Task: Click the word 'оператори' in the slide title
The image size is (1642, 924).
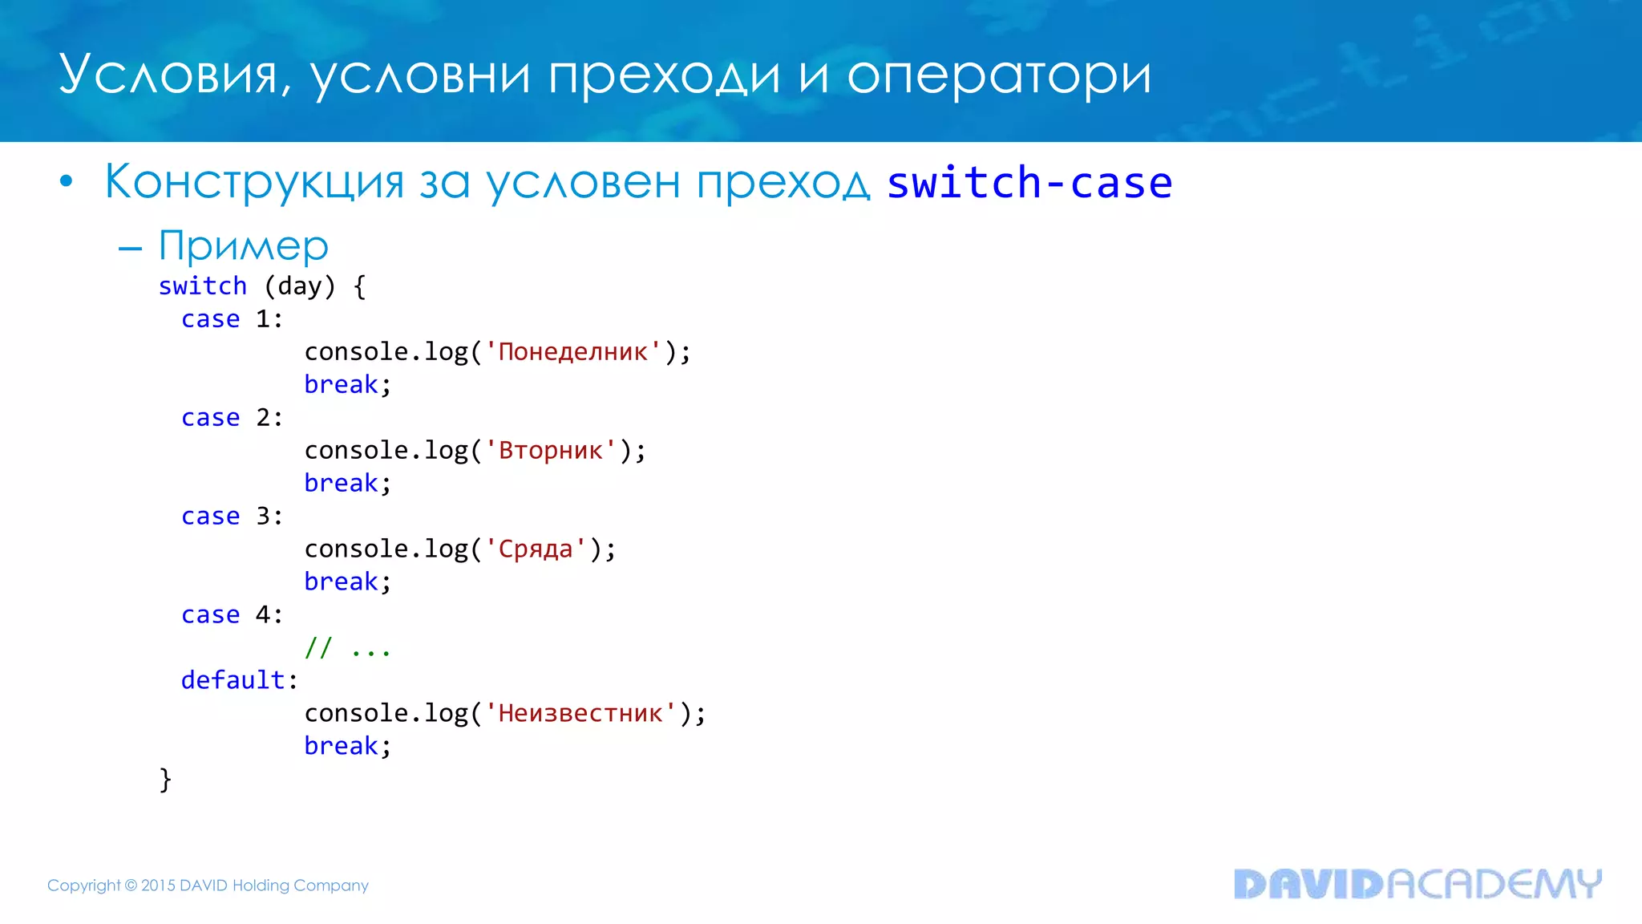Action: [x=999, y=76]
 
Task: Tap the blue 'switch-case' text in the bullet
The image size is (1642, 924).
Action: [x=1029, y=183]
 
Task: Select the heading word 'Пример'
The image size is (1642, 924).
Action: [x=244, y=245]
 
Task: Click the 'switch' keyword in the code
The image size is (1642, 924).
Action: [x=203, y=286]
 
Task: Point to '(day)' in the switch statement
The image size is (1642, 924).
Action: [x=300, y=286]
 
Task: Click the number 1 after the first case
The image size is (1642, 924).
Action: [x=263, y=319]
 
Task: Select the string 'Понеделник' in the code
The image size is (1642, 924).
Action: [x=573, y=352]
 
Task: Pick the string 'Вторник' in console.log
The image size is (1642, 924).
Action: [x=551, y=451]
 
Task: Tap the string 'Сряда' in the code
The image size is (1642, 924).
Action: [x=536, y=549]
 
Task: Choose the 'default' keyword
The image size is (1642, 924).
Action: [x=233, y=680]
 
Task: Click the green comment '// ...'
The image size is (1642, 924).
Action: [x=347, y=648]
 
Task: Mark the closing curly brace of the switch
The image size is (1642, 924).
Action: [x=165, y=779]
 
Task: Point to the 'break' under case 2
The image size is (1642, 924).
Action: [x=341, y=484]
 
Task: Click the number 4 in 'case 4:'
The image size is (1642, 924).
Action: [x=263, y=615]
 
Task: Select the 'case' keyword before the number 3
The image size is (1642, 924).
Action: [x=211, y=517]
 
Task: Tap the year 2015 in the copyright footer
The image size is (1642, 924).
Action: [x=158, y=885]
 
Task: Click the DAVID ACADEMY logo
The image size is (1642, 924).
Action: [x=1417, y=884]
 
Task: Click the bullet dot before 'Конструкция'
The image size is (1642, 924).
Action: [x=67, y=182]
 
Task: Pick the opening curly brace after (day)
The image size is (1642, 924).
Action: [x=360, y=286]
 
